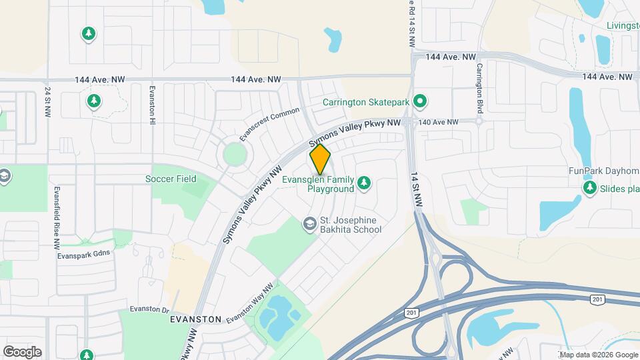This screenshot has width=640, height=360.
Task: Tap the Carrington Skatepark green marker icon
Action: pos(420,102)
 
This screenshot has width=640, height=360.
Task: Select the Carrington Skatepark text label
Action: pos(365,102)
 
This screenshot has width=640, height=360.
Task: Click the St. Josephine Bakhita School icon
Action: pos(309,224)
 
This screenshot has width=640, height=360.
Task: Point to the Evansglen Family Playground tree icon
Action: pos(364,182)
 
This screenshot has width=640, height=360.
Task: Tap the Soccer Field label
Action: pos(171,179)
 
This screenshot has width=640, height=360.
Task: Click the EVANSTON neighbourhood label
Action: pos(195,319)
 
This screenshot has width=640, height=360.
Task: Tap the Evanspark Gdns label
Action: pos(83,253)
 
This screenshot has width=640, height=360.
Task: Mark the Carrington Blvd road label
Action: pos(479,88)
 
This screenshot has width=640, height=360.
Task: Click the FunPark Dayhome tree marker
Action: pos(589,189)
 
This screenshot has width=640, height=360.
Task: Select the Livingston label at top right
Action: pos(623,26)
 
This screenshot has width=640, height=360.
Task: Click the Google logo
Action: pos(22,351)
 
